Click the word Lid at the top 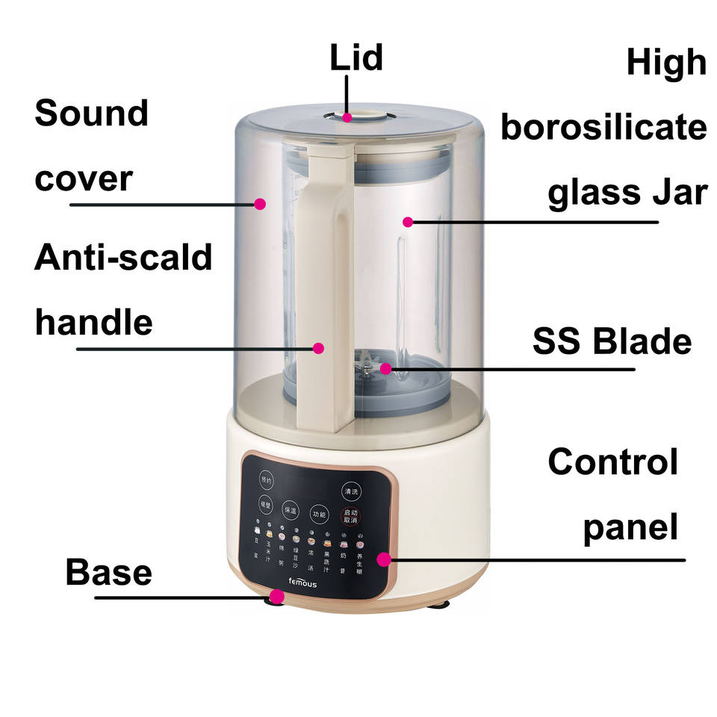point(356,58)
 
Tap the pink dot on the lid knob point(348,117)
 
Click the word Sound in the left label point(91,114)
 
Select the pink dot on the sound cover point(260,203)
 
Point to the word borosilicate point(603,128)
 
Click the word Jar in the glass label point(677,192)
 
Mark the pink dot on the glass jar point(408,221)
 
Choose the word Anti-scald point(123,258)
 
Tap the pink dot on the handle point(319,347)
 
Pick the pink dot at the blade point(385,367)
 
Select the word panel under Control point(630,527)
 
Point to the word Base point(108,573)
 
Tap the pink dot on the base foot point(277,596)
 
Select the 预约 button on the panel point(267,478)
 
